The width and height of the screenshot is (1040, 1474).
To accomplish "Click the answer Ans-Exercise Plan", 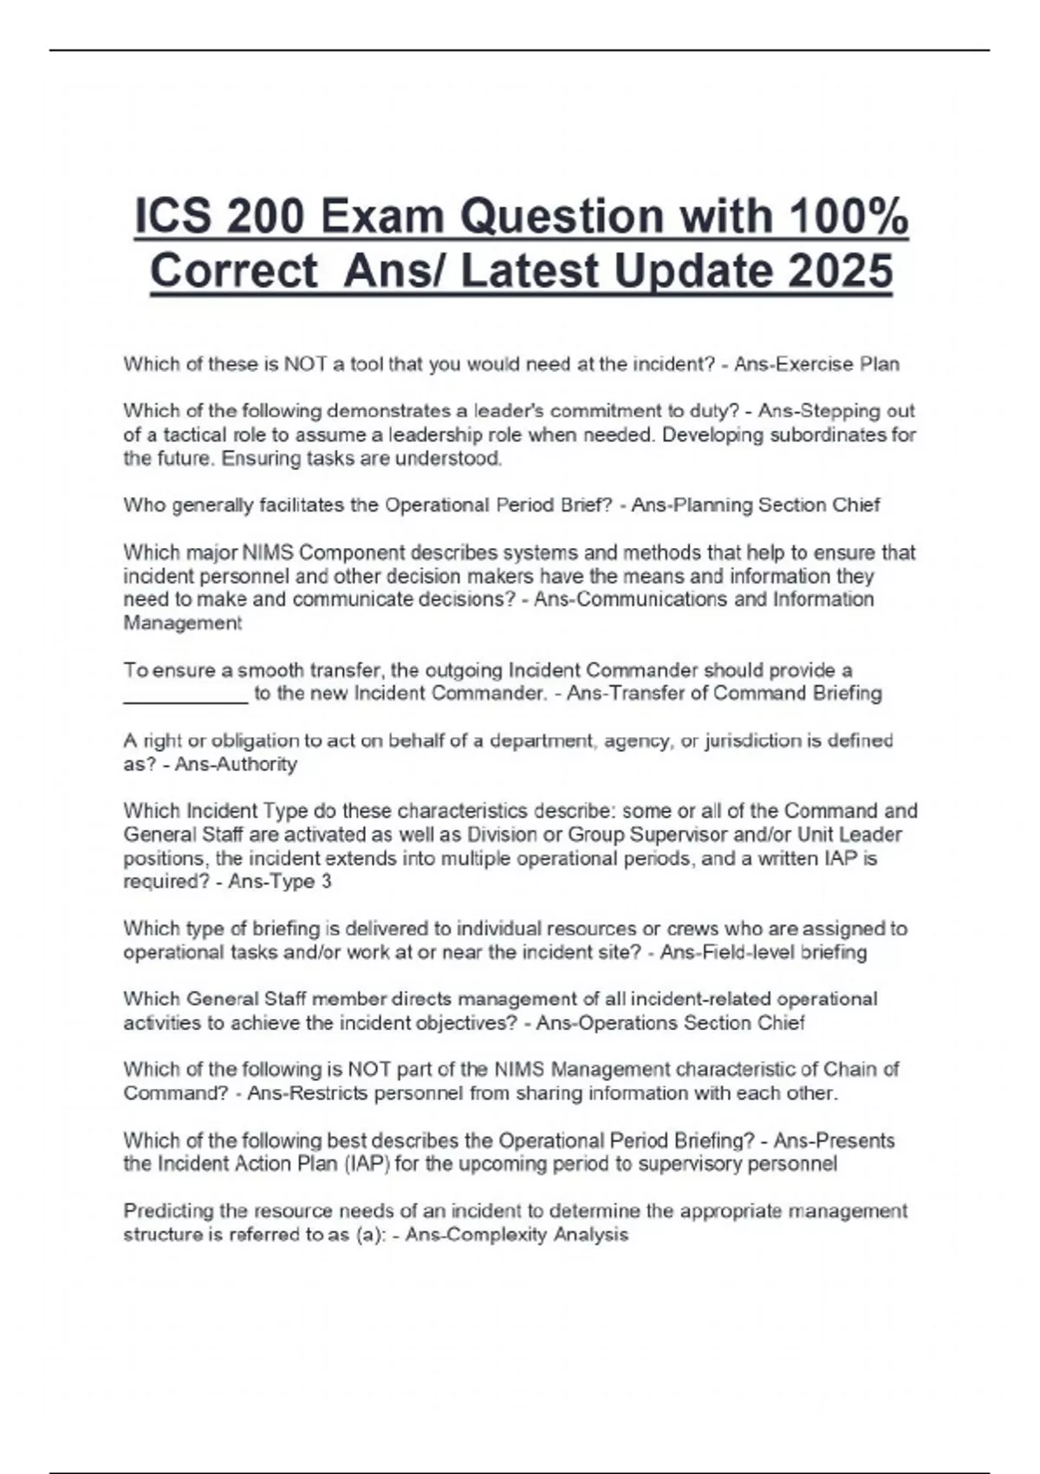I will (x=816, y=364).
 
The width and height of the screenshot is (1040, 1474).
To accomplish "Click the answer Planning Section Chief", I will (x=755, y=505).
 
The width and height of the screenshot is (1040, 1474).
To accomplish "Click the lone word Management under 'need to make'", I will (x=183, y=623).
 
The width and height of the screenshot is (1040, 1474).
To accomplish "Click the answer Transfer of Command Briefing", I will (x=725, y=694).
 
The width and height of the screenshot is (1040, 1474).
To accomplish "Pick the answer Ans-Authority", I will (x=236, y=765).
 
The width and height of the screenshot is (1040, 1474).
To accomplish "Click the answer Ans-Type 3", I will (x=280, y=882).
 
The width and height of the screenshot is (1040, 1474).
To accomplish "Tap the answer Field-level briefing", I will (x=763, y=953).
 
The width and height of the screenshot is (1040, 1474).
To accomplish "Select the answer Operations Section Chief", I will (x=670, y=1023).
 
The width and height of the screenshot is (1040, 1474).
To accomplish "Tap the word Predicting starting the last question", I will (x=167, y=1211).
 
